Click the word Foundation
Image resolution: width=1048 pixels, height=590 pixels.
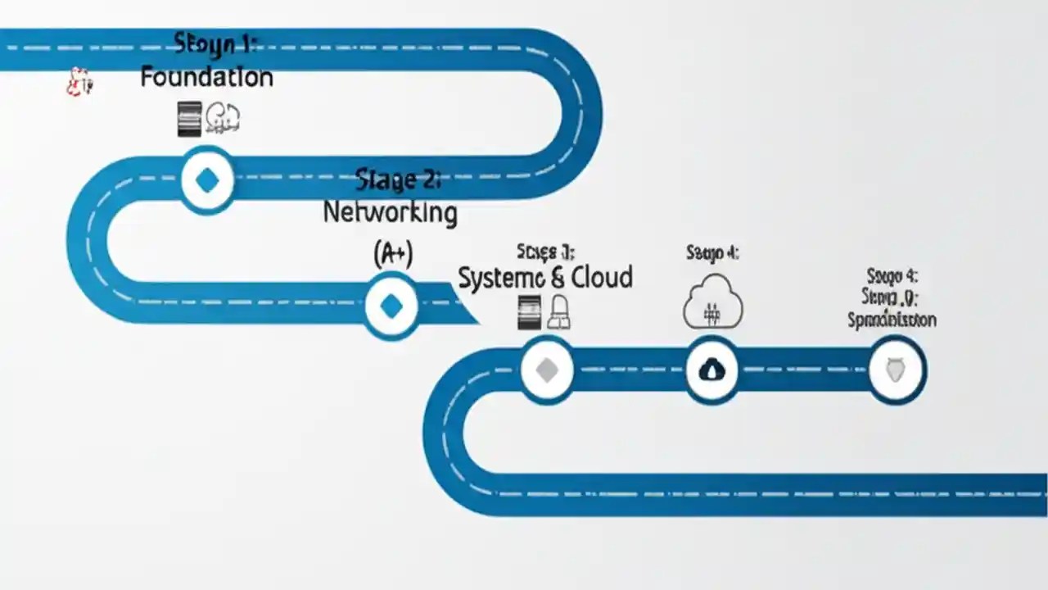[206, 78]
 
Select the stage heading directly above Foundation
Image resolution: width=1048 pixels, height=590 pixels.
[215, 43]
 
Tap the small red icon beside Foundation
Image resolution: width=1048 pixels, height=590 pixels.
[79, 82]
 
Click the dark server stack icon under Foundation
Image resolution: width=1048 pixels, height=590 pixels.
[189, 119]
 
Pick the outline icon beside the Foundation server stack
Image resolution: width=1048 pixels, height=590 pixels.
[223, 119]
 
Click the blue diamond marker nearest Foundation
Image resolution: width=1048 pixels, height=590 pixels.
[207, 180]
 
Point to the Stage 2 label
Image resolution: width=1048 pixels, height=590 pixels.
[399, 179]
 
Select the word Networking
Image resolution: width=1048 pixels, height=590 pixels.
[390, 213]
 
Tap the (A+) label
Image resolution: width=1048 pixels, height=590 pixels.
[393, 255]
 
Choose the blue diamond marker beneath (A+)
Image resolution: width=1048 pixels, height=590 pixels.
[391, 306]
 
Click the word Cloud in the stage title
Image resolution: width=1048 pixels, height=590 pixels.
[602, 278]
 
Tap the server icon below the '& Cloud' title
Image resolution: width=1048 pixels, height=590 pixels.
[530, 313]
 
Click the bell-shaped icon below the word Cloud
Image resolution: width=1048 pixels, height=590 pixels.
[559, 313]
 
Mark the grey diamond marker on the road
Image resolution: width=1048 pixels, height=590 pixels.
[546, 370]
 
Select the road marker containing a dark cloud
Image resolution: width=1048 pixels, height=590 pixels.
[711, 370]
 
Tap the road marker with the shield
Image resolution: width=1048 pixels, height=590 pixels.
[897, 370]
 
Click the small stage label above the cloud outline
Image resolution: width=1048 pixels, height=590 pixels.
[712, 253]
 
